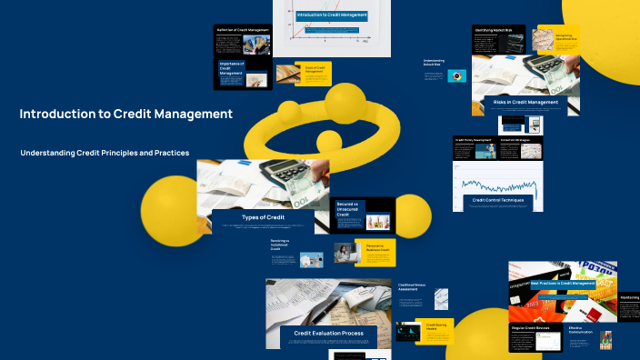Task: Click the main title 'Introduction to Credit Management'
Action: tap(125, 115)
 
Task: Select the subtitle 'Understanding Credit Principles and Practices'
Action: tap(105, 153)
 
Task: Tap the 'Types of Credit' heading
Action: tap(264, 217)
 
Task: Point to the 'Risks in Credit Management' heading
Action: tap(525, 103)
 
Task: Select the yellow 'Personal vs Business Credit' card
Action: tap(374, 252)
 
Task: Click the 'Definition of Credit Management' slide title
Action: tap(243, 30)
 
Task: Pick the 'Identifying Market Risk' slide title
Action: tap(496, 30)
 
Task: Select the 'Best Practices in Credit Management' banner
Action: tap(562, 284)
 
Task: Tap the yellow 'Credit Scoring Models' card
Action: tap(435, 329)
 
